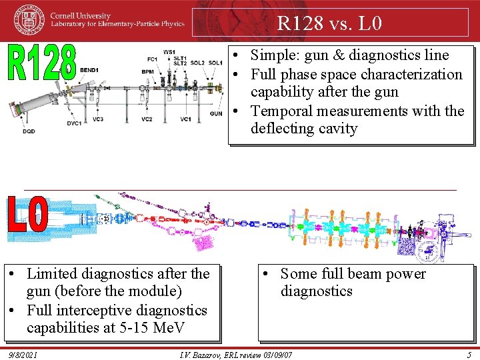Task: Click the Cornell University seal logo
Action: tap(30, 19)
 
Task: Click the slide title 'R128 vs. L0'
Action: tap(329, 25)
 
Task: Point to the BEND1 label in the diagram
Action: tap(89, 70)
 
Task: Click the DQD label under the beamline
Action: tap(29, 131)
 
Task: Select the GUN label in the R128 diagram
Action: tap(216, 114)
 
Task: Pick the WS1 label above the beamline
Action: tap(169, 52)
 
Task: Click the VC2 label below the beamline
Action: tap(147, 119)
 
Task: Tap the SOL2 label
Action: tap(197, 63)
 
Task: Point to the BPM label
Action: tap(148, 71)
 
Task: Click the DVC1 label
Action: tap(73, 123)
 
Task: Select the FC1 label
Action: tap(152, 59)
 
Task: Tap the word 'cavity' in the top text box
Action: tap(338, 129)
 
